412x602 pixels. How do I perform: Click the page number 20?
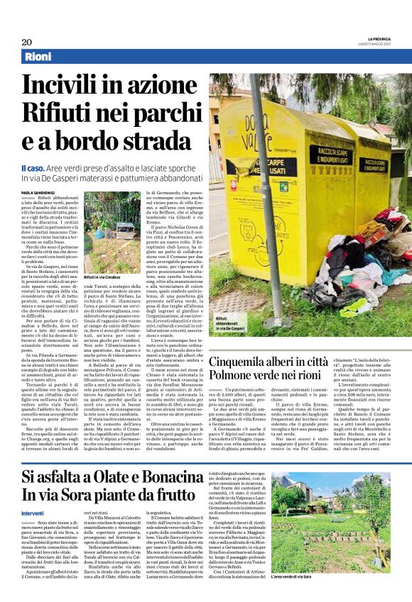click(26, 42)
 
